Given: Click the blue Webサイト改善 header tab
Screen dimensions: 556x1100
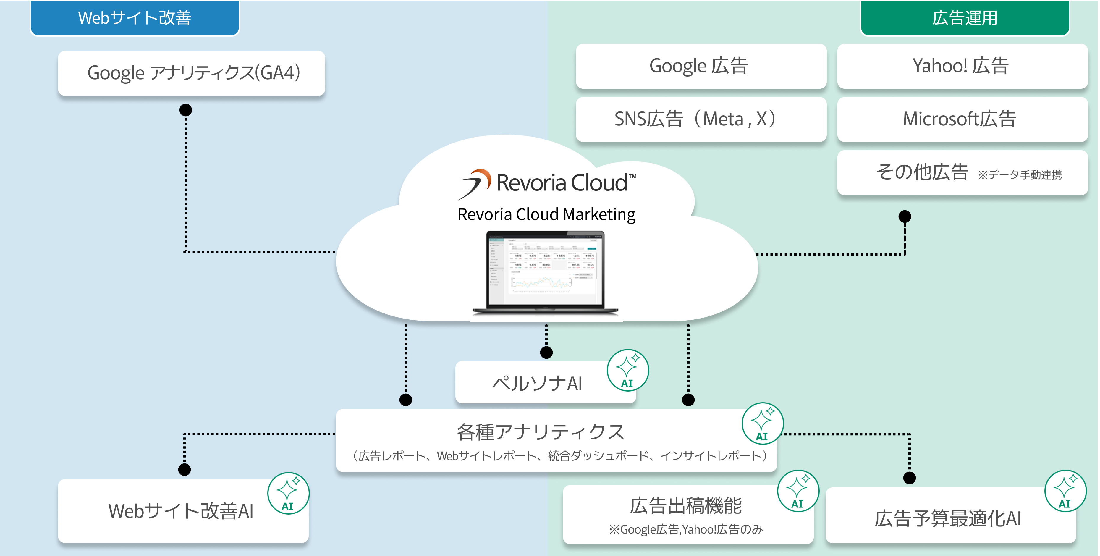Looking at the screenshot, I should tap(135, 18).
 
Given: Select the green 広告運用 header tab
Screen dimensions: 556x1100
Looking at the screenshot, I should tap(965, 18).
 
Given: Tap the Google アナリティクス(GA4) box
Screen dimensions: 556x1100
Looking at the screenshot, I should tap(192, 73).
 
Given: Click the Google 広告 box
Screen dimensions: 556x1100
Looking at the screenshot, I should tap(701, 66).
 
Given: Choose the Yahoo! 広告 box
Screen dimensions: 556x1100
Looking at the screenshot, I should tap(962, 66).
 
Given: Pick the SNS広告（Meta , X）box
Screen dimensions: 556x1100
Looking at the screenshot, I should tap(701, 119).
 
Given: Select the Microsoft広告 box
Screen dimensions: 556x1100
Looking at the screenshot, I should tap(962, 119).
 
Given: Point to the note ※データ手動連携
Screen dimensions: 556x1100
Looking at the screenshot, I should tap(1020, 175).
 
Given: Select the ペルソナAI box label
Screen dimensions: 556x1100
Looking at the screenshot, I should tap(537, 383).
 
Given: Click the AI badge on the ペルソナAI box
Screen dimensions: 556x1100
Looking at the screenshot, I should tap(627, 370).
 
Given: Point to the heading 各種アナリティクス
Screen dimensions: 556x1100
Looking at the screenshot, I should tap(540, 432).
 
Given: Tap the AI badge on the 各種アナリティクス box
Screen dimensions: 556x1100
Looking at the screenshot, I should tap(762, 424).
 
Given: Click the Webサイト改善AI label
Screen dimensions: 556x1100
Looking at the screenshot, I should tap(181, 511).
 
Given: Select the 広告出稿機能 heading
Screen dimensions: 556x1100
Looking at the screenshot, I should tap(686, 506).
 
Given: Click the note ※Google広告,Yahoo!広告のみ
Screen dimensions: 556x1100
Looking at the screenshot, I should tap(686, 529).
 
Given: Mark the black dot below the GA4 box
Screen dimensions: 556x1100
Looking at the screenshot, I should tap(185, 110).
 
